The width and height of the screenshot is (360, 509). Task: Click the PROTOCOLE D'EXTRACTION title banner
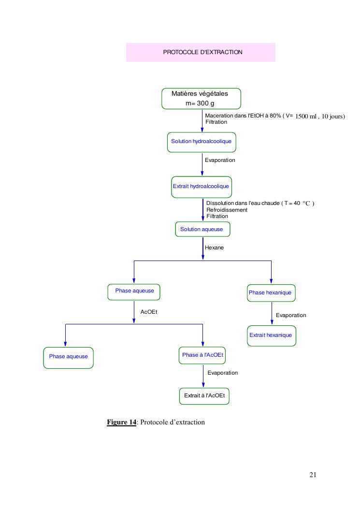(x=201, y=52)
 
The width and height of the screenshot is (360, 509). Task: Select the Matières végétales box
(x=201, y=99)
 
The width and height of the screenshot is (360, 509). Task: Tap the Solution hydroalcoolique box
(x=202, y=142)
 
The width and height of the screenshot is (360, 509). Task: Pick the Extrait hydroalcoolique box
(x=201, y=187)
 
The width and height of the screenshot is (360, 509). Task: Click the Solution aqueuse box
(x=202, y=229)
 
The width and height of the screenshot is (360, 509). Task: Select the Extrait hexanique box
(x=271, y=335)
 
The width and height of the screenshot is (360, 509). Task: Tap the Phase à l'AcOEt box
(x=203, y=355)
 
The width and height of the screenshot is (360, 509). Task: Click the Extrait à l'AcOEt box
(x=203, y=396)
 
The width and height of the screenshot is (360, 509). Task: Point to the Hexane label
(x=215, y=247)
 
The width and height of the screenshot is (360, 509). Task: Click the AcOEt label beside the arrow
(x=149, y=312)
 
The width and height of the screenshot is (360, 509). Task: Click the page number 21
(x=313, y=475)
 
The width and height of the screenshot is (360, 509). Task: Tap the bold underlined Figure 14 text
(x=121, y=422)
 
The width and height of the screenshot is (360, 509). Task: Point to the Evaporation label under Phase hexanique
(x=291, y=315)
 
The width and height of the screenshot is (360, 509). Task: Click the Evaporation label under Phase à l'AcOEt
(x=223, y=373)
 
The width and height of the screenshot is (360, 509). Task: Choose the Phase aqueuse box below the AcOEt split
(x=69, y=357)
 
